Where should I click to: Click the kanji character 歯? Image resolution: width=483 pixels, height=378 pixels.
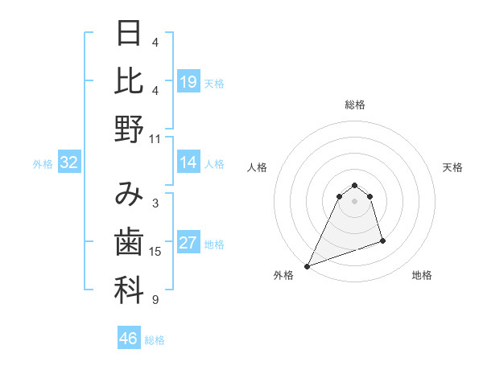click(129, 242)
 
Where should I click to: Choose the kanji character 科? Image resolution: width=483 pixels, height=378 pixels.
click(129, 290)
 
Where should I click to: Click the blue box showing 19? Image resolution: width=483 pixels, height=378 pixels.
click(188, 82)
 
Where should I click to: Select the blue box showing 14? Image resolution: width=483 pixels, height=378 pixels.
click(188, 163)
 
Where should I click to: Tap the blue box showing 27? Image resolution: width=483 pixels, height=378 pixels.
click(188, 244)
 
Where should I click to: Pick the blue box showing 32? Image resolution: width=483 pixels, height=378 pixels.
click(69, 163)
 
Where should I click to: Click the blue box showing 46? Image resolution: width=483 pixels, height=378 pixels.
click(129, 339)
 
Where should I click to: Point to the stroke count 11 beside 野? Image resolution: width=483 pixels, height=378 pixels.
click(155, 139)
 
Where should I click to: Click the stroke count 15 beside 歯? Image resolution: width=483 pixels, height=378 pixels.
click(155, 252)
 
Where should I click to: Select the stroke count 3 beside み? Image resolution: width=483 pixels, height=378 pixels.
click(155, 203)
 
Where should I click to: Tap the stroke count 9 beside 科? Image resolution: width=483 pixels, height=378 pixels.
click(155, 300)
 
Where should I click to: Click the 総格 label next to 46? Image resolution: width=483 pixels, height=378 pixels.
click(155, 340)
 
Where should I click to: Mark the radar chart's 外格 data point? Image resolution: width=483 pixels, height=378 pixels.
click(307, 266)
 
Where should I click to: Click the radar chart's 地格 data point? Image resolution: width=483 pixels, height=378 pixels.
click(382, 240)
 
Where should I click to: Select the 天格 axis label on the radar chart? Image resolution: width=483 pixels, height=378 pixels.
click(453, 167)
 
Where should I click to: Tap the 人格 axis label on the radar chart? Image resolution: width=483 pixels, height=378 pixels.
click(258, 167)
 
